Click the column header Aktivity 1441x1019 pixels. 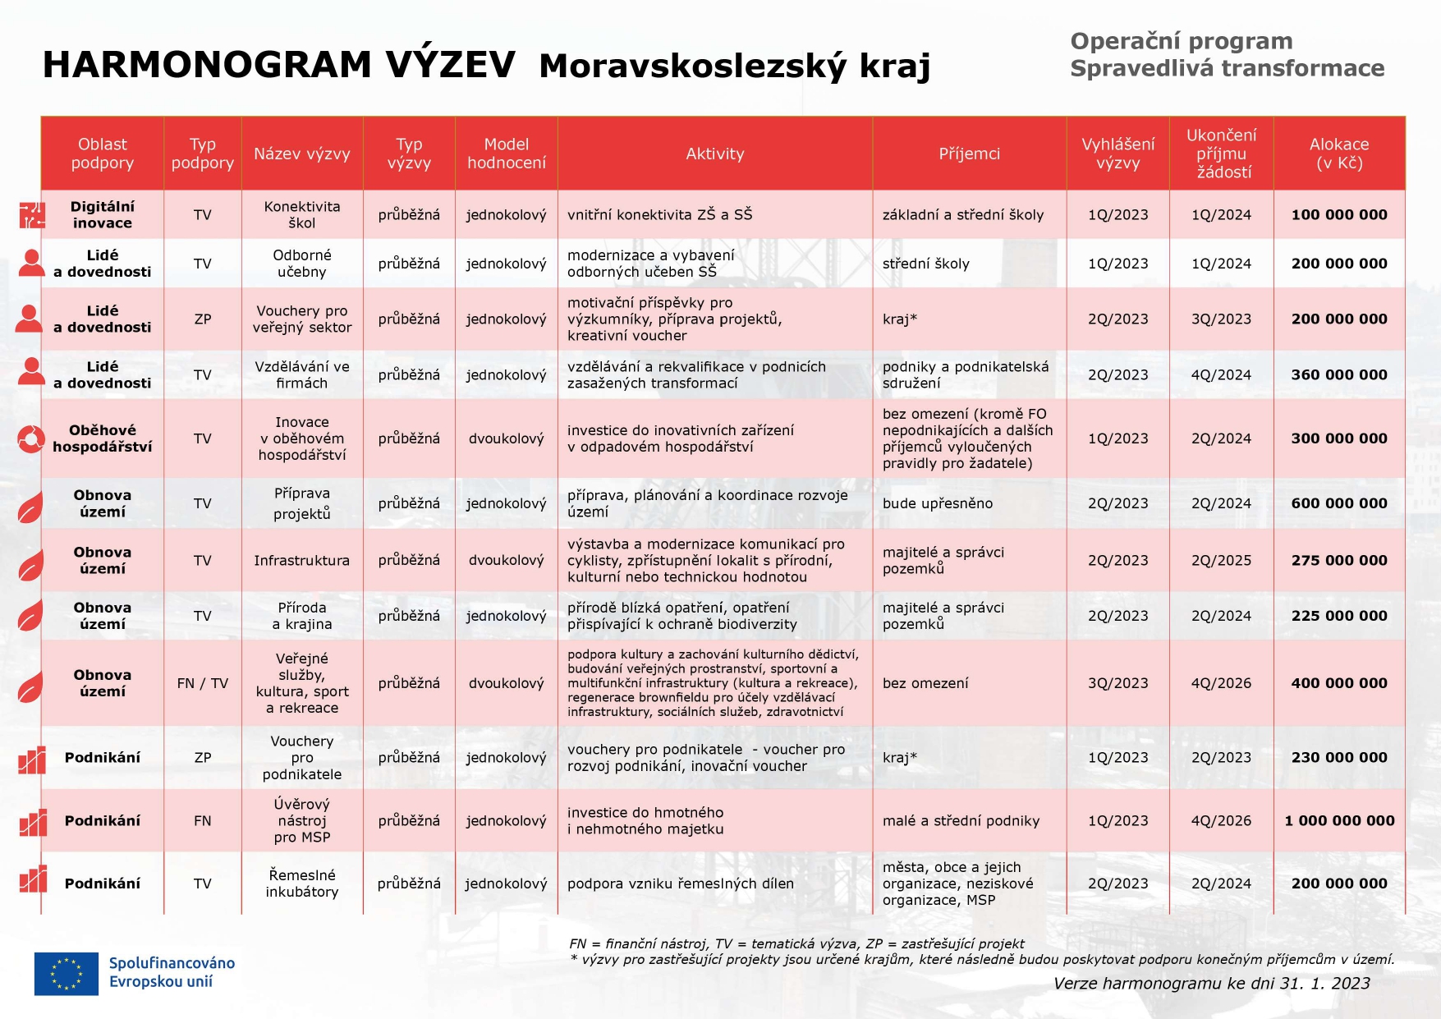(714, 154)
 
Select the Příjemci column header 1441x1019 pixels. (969, 154)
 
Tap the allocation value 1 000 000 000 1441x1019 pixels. (1339, 820)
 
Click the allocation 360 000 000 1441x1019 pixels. (1339, 374)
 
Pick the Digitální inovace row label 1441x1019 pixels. (102, 215)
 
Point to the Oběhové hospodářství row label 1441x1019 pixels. (102, 438)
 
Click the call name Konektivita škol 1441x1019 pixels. (302, 215)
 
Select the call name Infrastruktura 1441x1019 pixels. (302, 560)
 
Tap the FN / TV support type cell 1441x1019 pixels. (203, 683)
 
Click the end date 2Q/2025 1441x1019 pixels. (1221, 560)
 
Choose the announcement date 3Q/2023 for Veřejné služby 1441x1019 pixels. (1117, 683)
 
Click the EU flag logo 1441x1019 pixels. (67, 974)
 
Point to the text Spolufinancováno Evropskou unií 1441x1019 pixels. (172, 972)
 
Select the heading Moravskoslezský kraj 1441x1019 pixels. (735, 66)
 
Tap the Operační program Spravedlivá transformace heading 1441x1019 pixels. (1227, 54)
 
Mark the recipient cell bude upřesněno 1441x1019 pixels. (938, 503)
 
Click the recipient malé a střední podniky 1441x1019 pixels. (961, 820)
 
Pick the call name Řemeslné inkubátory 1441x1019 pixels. (302, 884)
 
